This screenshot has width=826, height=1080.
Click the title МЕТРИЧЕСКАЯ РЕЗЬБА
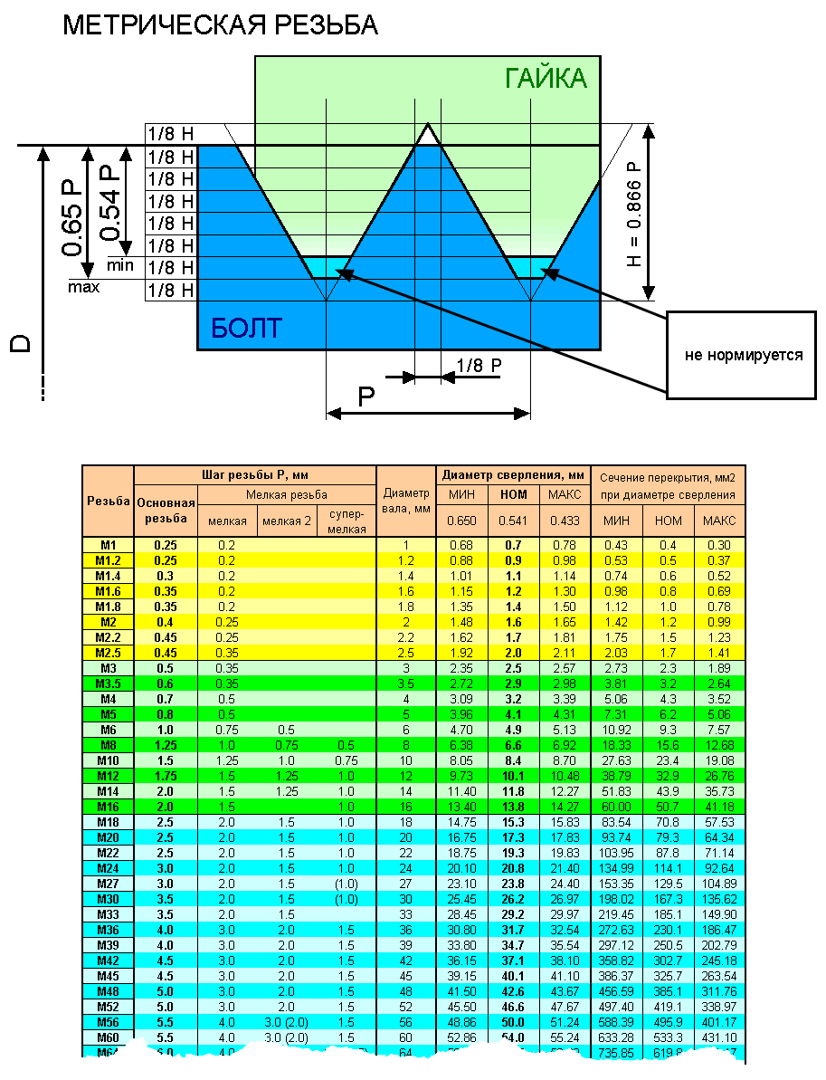click(x=220, y=25)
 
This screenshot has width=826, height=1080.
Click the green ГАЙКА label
click(x=546, y=79)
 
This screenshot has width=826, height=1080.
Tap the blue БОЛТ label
click(x=246, y=328)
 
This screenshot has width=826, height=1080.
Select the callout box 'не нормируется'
click(x=743, y=355)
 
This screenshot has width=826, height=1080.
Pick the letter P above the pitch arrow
click(x=366, y=397)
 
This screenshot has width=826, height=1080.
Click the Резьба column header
click(x=108, y=501)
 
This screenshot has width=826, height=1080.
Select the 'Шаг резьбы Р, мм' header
click(x=254, y=474)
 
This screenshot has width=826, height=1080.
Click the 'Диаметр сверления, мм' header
click(x=513, y=474)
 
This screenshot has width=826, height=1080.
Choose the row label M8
click(x=108, y=745)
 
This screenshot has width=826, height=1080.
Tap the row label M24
click(x=108, y=868)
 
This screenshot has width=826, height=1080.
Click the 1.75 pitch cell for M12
click(x=165, y=776)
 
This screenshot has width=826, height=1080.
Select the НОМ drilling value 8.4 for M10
click(x=513, y=760)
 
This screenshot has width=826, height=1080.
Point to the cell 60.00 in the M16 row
click(x=616, y=807)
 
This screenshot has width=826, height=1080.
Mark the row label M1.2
click(x=108, y=560)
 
